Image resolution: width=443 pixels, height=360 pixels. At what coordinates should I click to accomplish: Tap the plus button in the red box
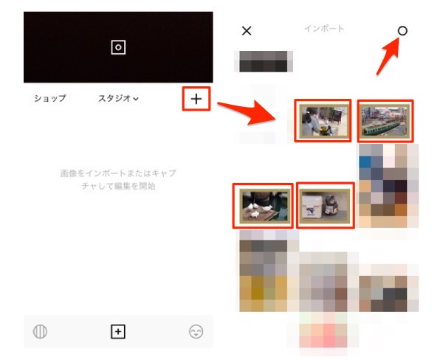[x=196, y=98]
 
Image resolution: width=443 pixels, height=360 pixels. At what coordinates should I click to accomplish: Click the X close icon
[x=247, y=31]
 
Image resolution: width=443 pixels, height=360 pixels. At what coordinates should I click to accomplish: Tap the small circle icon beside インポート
[x=402, y=31]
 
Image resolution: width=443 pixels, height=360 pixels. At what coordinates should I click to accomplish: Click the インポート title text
[x=324, y=29]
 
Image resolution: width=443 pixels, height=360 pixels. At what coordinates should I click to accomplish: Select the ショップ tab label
[x=49, y=98]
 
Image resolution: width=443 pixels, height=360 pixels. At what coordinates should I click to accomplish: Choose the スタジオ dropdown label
[x=119, y=98]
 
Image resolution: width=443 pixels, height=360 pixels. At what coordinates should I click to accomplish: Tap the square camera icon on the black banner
[x=118, y=47]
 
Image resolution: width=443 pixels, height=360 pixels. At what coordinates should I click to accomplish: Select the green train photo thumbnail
[x=385, y=120]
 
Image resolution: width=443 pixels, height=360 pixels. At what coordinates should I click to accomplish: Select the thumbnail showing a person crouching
[x=323, y=120]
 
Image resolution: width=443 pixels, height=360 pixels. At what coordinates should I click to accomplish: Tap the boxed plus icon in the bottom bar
[x=118, y=332]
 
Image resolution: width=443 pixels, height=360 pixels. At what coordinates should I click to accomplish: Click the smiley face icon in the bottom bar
[x=196, y=332]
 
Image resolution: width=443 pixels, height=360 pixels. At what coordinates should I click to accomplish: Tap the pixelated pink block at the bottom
[x=324, y=336]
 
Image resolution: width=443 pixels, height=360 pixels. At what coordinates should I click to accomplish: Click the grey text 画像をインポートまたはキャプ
[x=118, y=173]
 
